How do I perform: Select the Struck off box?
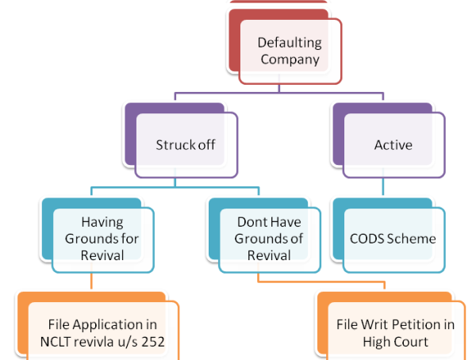click(x=186, y=146)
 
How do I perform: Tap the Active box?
click(x=393, y=146)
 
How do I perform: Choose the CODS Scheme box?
click(x=393, y=238)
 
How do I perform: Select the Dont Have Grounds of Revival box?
click(x=270, y=239)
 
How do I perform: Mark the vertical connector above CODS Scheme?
click(x=384, y=189)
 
